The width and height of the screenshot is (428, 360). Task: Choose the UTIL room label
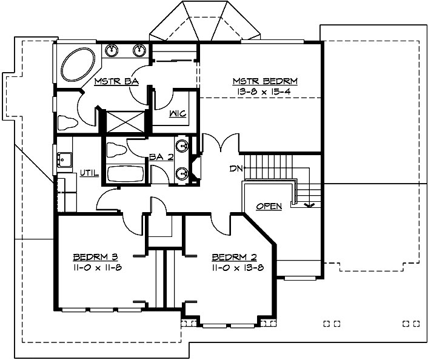click(89, 173)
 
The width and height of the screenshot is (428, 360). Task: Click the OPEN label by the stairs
click(269, 207)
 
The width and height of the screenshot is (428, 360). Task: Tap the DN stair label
click(236, 168)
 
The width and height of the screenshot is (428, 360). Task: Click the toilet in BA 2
click(117, 149)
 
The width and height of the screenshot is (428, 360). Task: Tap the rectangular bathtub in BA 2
click(125, 175)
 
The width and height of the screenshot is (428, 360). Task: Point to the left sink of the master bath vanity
click(112, 50)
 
